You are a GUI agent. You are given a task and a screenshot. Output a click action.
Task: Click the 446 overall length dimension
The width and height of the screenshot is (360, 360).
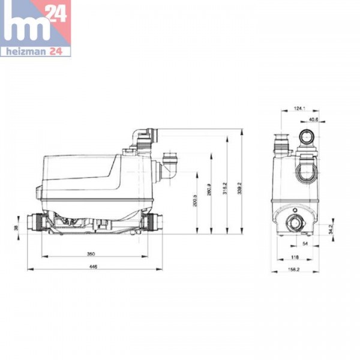[x=93, y=265]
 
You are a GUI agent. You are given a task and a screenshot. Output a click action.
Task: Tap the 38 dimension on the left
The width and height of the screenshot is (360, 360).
[x=17, y=227]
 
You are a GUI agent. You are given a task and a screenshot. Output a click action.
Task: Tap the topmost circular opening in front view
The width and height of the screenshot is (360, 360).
[x=308, y=137]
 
